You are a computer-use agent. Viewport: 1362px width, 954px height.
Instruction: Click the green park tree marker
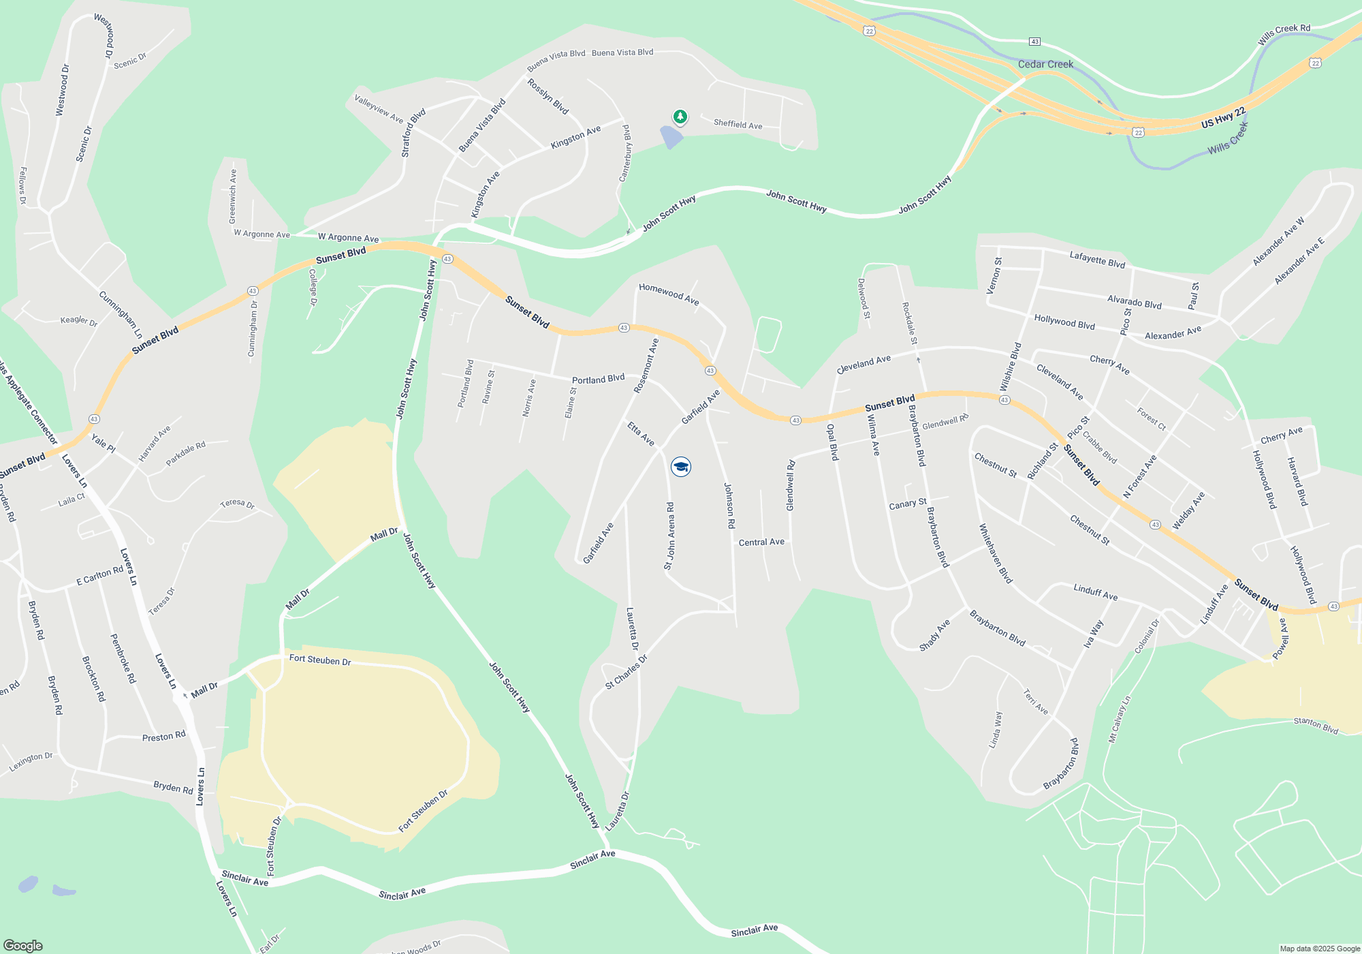(x=680, y=117)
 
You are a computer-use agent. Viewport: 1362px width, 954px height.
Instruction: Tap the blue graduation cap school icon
(x=680, y=467)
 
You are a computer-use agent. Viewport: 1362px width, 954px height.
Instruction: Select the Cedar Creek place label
(x=1045, y=64)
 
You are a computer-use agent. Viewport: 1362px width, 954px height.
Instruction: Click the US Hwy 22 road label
(x=1223, y=118)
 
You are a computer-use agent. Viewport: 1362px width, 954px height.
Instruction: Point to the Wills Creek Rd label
(x=1284, y=35)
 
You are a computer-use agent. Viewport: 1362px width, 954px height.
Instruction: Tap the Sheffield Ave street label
(x=738, y=124)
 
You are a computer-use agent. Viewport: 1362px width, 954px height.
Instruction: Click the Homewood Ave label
(x=669, y=294)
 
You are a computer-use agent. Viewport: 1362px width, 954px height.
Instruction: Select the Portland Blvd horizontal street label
(x=598, y=379)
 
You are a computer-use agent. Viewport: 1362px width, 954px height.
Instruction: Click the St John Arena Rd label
(x=669, y=536)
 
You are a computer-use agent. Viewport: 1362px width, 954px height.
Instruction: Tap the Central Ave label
(x=761, y=542)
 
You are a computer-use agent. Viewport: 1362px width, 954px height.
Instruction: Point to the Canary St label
(x=907, y=504)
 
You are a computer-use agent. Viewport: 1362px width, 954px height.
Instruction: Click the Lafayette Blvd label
(x=1096, y=259)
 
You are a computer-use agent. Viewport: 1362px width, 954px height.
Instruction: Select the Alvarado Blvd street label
(x=1134, y=301)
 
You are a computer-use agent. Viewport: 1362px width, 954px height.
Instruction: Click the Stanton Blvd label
(x=1316, y=726)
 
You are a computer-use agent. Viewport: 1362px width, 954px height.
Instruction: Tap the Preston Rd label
(x=163, y=737)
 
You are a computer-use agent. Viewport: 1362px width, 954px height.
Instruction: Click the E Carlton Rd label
(x=99, y=576)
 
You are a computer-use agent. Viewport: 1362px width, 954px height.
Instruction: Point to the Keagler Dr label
(x=79, y=320)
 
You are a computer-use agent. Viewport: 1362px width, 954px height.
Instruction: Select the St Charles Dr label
(x=626, y=672)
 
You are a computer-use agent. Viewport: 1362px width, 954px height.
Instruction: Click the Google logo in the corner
(x=23, y=945)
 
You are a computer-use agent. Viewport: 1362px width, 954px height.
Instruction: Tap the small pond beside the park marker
(x=671, y=137)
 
